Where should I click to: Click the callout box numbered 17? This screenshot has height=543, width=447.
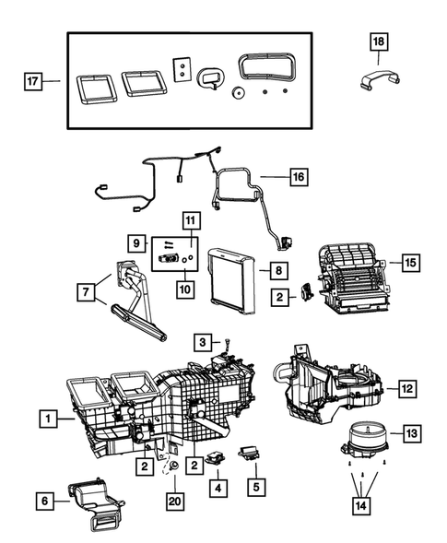pos(33,80)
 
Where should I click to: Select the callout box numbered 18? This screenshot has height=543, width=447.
pos(380,41)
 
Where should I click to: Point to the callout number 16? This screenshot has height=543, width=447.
pos(298,174)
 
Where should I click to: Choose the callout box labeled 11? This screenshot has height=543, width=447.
pos(191,220)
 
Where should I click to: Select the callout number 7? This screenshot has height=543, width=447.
pos(88,291)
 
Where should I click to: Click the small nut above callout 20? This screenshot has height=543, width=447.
pos(173,468)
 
